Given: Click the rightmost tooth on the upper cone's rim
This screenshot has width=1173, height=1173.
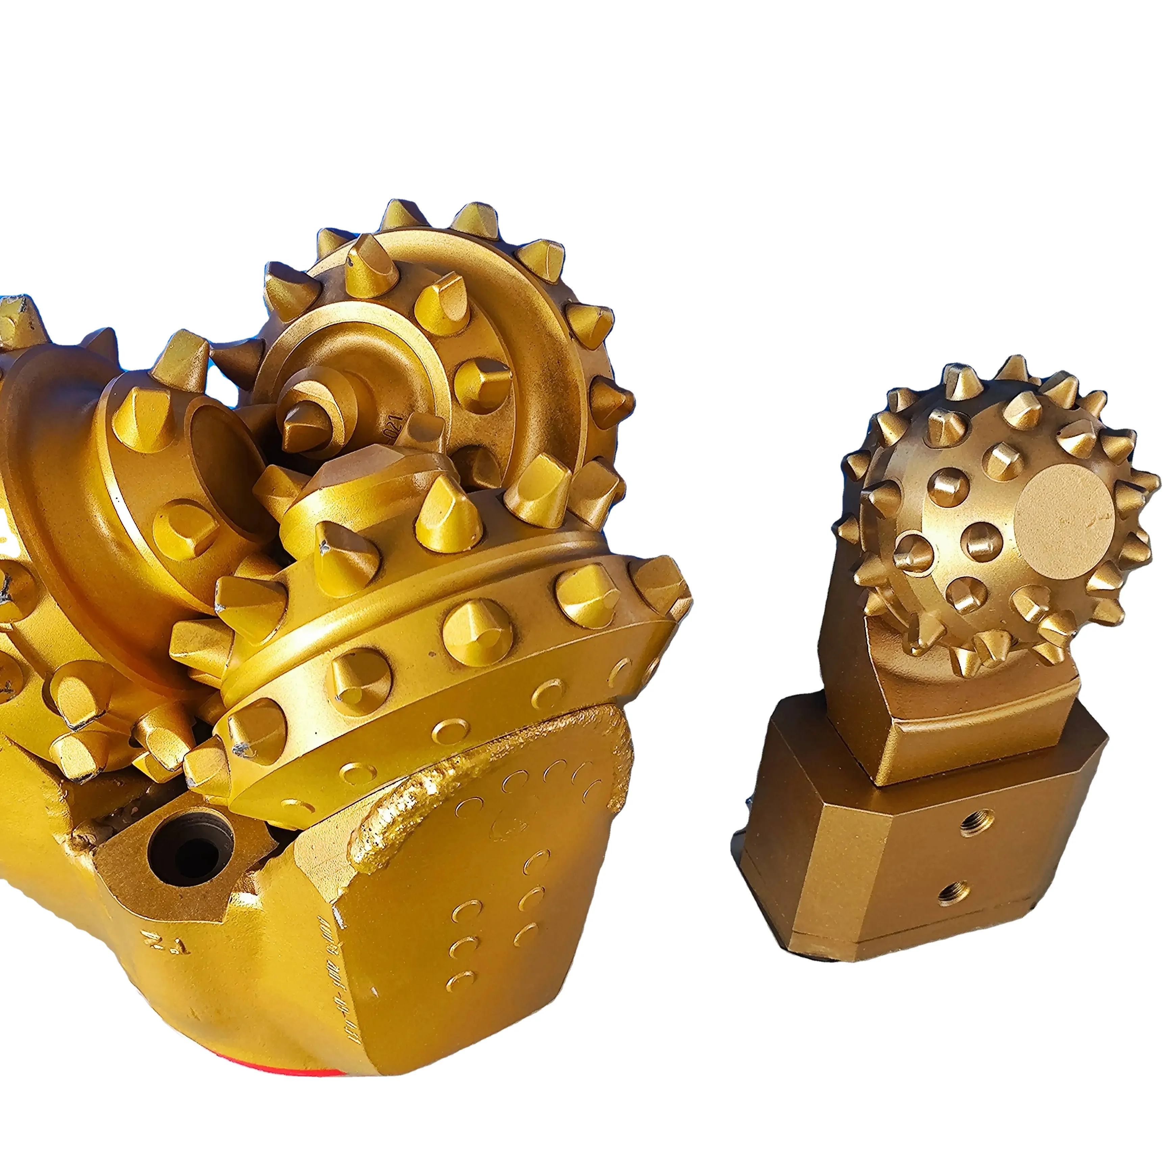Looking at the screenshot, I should click(x=613, y=398).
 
